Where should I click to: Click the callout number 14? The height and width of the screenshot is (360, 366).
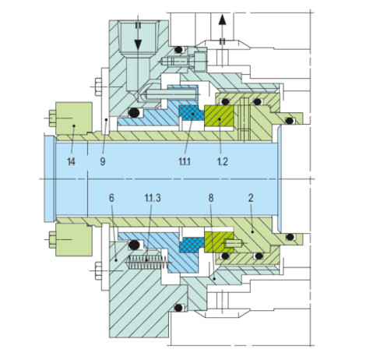click(71, 161)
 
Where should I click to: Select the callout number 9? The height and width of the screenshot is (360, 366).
click(103, 161)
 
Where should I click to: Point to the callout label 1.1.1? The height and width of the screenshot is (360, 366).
click(185, 161)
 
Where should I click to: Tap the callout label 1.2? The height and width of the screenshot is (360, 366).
click(223, 161)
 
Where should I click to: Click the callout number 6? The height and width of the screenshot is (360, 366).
click(111, 198)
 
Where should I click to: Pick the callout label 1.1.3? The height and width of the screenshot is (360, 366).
click(153, 198)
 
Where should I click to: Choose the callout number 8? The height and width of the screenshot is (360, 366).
click(211, 198)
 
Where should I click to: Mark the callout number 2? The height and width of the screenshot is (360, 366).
click(251, 198)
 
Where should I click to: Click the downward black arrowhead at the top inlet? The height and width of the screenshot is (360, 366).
click(138, 44)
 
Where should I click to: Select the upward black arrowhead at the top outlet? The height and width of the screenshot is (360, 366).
click(222, 20)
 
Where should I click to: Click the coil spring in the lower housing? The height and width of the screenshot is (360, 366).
click(147, 262)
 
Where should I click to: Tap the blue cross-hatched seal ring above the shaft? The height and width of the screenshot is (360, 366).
click(192, 113)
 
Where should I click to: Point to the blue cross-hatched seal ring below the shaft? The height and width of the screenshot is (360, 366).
click(192, 245)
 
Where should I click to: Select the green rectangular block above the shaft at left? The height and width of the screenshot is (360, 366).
click(74, 118)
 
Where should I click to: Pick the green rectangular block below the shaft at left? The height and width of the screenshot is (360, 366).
click(74, 240)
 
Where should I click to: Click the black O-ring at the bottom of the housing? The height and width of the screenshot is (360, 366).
click(178, 308)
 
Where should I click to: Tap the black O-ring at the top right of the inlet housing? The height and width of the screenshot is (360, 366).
click(178, 49)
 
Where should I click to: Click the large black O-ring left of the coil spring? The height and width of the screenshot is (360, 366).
click(134, 245)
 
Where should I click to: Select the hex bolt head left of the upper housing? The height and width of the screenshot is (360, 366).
click(98, 86)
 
